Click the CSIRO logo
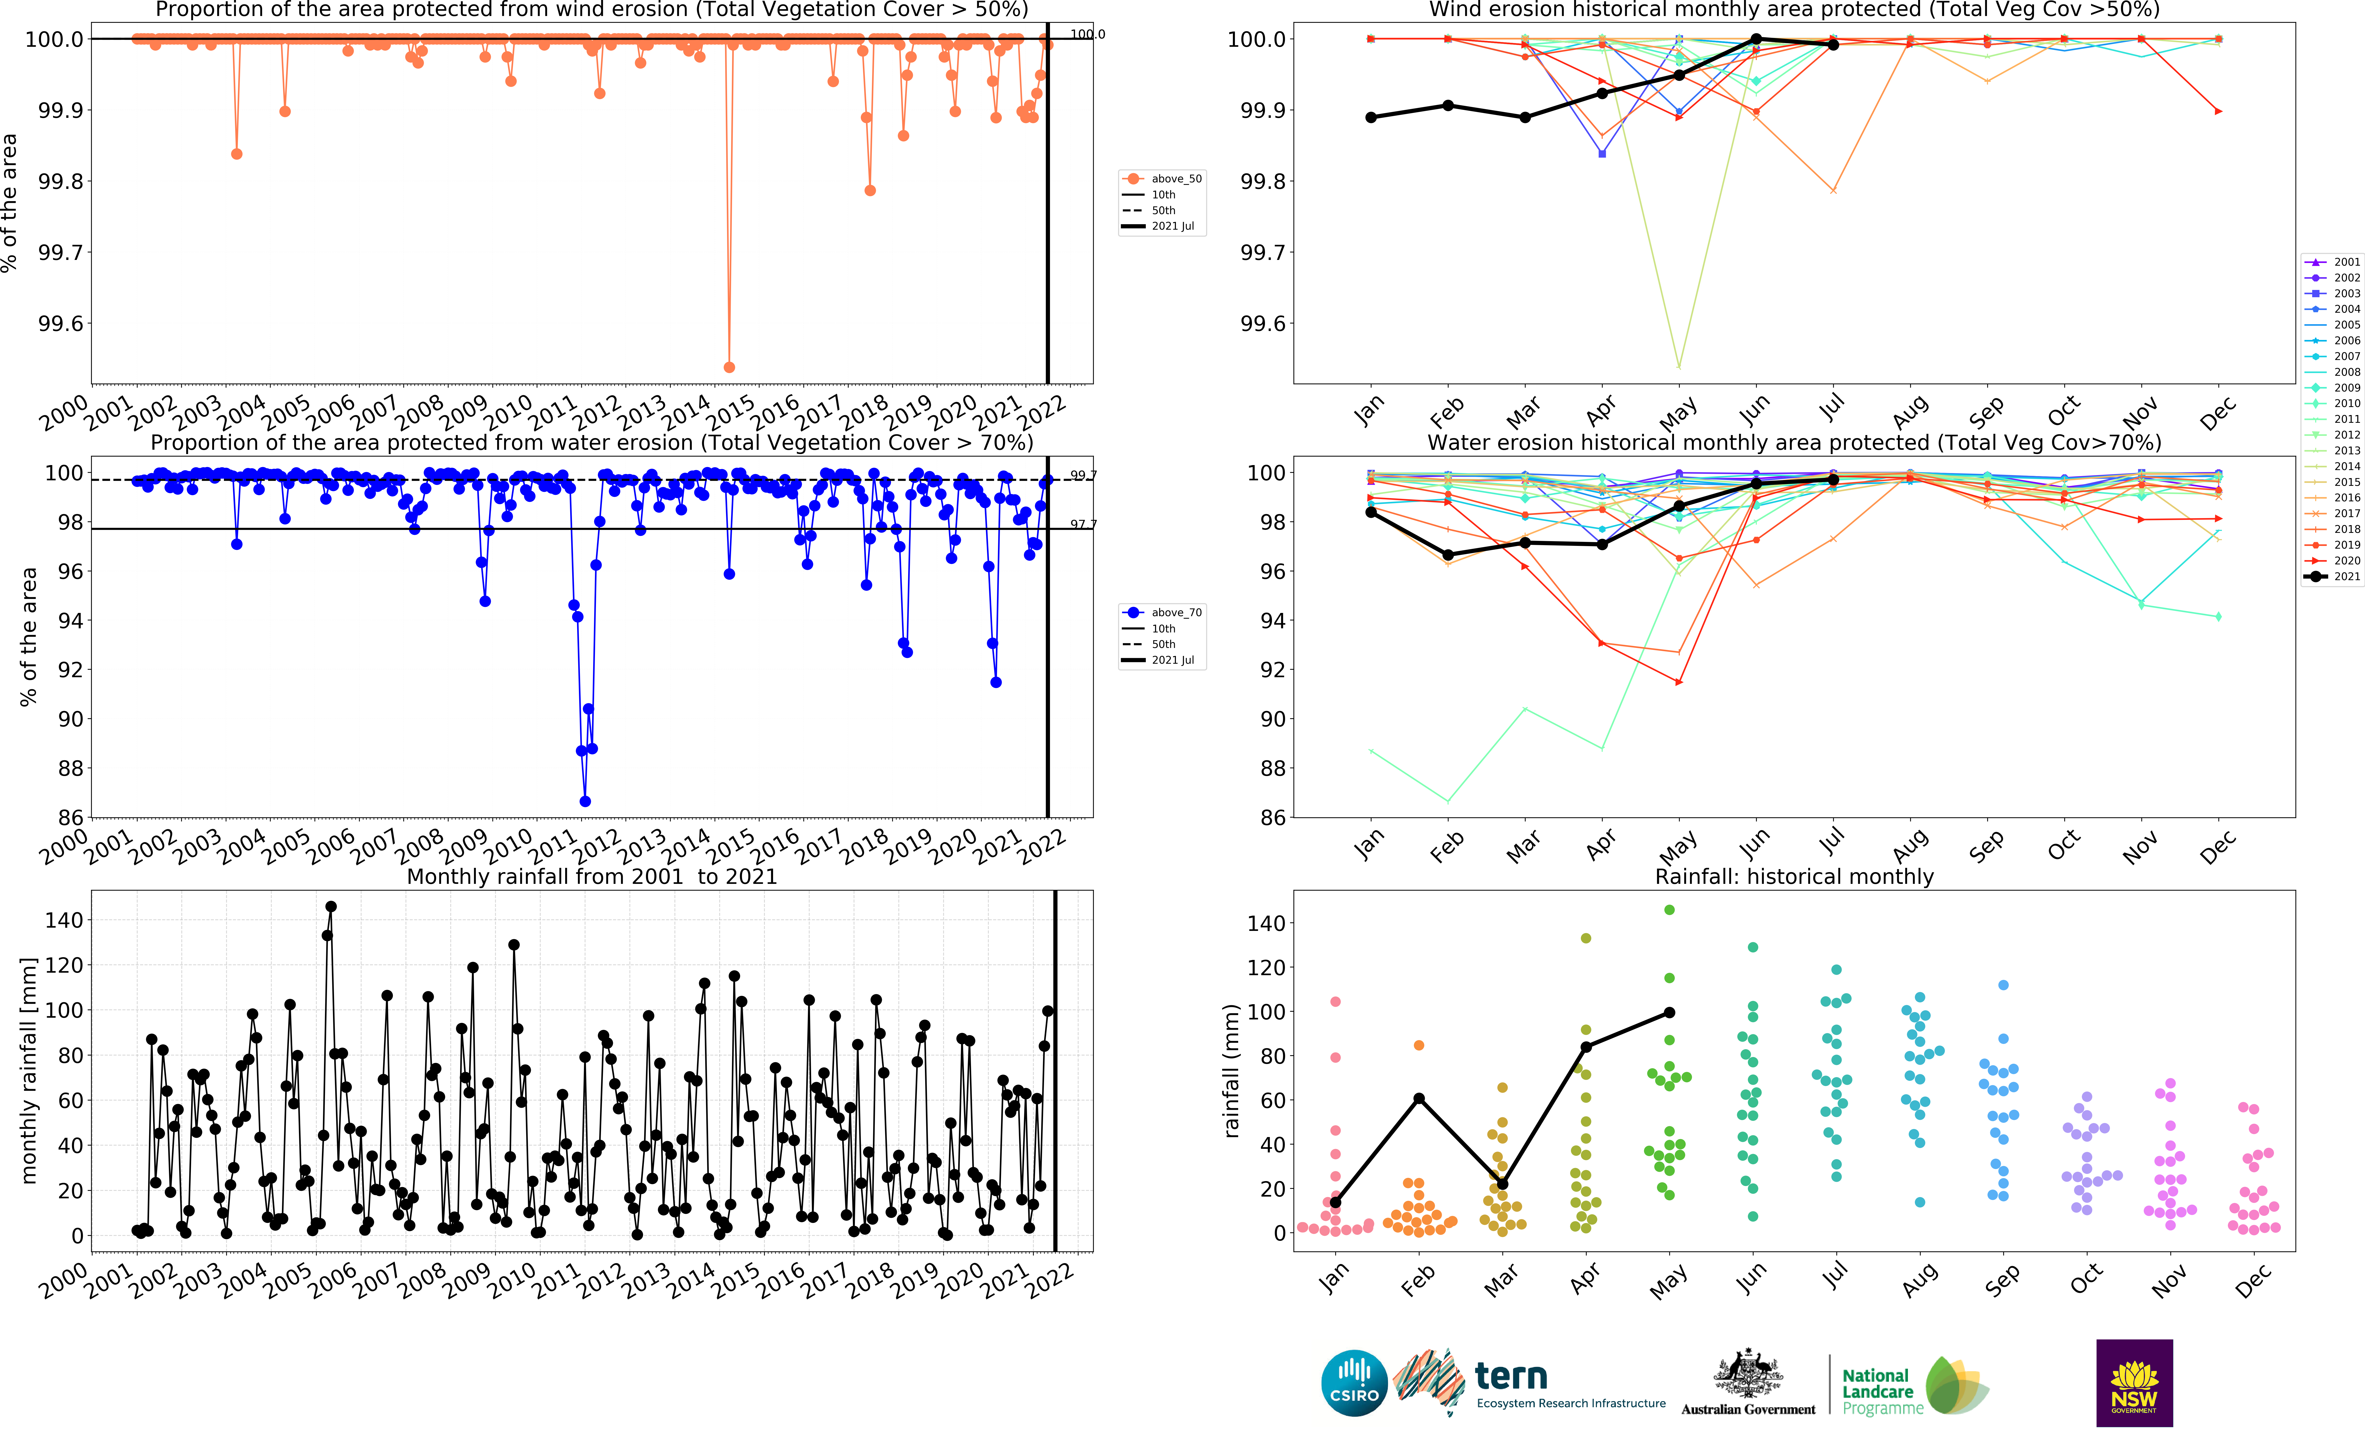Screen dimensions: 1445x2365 [1353, 1383]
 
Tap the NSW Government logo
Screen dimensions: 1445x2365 [2134, 1383]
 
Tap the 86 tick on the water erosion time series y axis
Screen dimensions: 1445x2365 [70, 818]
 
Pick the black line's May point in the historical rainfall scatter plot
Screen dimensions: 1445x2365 [1669, 1012]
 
